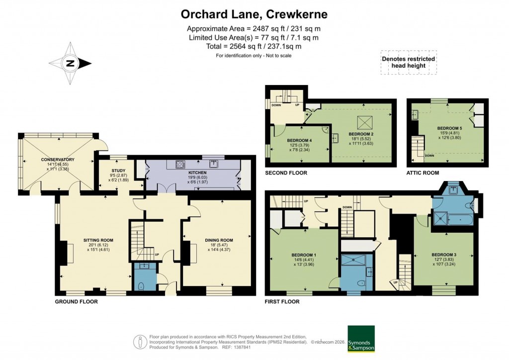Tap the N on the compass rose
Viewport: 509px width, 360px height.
pyautogui.click(x=71, y=63)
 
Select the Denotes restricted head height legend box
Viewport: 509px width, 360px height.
pyautogui.click(x=408, y=62)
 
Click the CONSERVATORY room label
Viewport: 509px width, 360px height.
pyautogui.click(x=58, y=160)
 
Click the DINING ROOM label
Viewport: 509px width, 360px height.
pyautogui.click(x=219, y=240)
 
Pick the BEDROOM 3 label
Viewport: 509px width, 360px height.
pyautogui.click(x=444, y=255)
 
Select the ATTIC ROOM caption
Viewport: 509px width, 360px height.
pyautogui.click(x=423, y=173)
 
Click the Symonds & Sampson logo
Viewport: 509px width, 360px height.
pyautogui.click(x=361, y=339)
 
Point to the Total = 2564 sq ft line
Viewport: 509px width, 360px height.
pyautogui.click(x=254, y=46)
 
